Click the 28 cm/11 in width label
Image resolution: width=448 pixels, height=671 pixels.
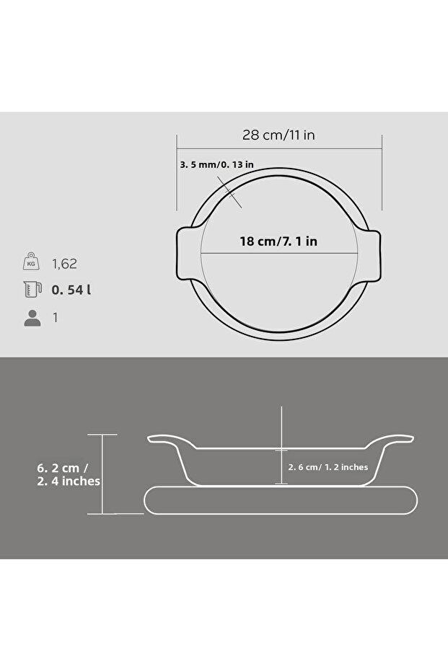click(278, 135)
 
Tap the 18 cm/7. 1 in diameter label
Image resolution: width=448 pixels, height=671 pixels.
click(278, 241)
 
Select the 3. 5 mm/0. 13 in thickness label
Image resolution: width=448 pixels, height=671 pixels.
click(216, 165)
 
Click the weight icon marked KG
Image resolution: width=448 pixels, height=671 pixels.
click(31, 262)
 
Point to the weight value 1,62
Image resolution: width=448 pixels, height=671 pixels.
click(64, 264)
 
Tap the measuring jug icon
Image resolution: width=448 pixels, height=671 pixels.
click(32, 289)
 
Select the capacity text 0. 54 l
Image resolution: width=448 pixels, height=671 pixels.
click(71, 290)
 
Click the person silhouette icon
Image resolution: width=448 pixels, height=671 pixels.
click(32, 318)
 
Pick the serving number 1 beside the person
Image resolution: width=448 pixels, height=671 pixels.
click(56, 318)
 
